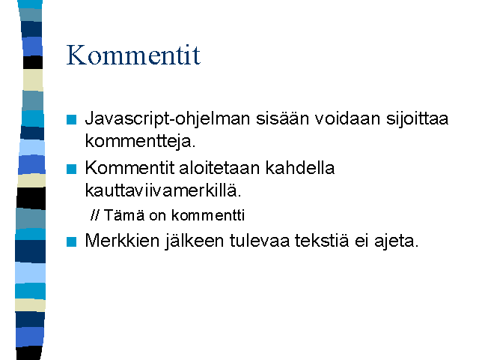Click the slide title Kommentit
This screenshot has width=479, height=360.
click(x=133, y=55)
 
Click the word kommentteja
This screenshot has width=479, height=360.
click(x=140, y=141)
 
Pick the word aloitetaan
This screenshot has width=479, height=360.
click(x=219, y=168)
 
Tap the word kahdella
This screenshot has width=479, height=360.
click(x=300, y=168)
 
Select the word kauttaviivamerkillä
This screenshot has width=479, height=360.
click(x=163, y=190)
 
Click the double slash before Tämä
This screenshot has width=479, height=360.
click(x=95, y=214)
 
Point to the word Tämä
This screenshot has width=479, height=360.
click(x=124, y=215)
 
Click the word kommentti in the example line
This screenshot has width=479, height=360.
click(x=208, y=215)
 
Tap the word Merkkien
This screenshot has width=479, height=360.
click(x=122, y=240)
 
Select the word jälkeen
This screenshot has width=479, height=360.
click(x=195, y=241)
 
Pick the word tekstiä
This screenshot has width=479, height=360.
click(x=322, y=240)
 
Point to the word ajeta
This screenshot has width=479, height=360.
click(x=396, y=241)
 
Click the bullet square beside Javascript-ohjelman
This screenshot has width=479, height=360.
click(x=72, y=119)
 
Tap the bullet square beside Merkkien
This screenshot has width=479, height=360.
click(x=72, y=241)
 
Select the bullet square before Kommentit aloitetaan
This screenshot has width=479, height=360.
click(x=72, y=169)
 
